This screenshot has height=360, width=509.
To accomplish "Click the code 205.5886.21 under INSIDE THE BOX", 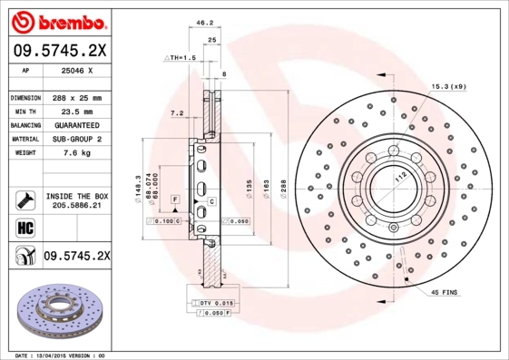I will [75, 207].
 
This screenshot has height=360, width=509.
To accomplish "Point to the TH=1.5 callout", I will [181, 57].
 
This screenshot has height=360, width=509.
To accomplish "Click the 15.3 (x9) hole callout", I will [446, 85].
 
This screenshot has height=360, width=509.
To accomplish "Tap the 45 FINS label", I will [445, 292].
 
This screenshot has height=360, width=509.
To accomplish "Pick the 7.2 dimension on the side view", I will [177, 113].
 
